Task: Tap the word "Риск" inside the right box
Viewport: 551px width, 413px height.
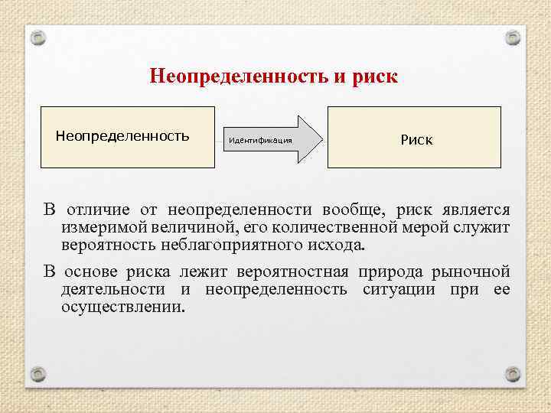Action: coord(416,140)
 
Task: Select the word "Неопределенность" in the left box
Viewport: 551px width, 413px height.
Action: coord(122,136)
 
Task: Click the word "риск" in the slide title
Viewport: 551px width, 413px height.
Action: coord(375,77)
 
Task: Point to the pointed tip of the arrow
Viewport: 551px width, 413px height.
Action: coord(322,140)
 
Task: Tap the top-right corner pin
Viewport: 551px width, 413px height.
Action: coord(513,37)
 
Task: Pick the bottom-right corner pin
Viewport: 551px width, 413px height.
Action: coord(513,375)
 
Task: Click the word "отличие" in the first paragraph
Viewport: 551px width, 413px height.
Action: coord(101,210)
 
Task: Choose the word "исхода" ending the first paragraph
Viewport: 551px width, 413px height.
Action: coord(341,246)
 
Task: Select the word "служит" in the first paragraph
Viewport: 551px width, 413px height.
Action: coord(484,228)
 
